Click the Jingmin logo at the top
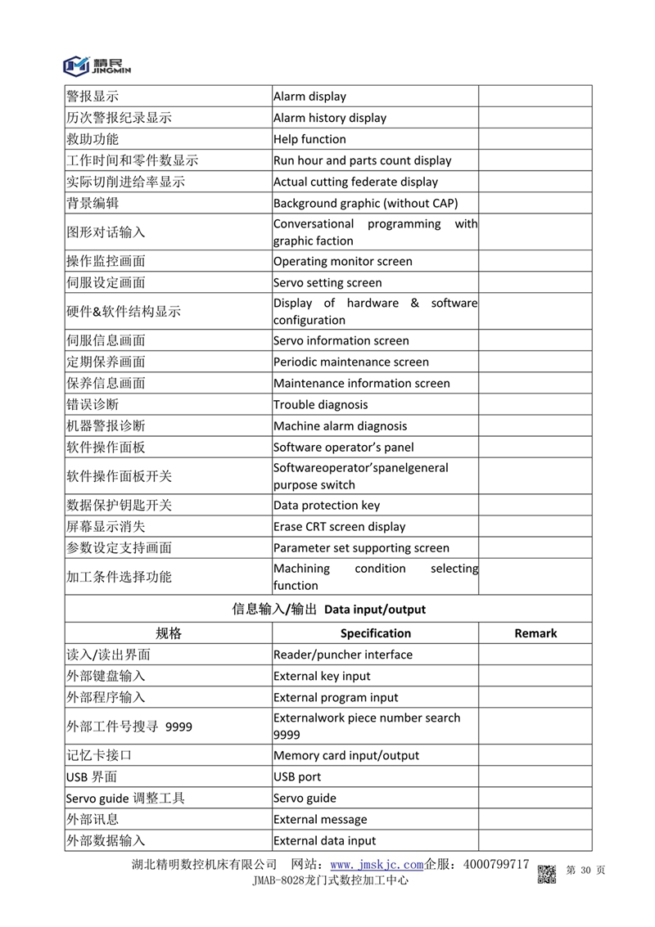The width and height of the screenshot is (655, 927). coord(97,65)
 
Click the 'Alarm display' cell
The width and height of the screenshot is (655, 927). coord(309,97)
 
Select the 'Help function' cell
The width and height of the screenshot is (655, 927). coord(309,139)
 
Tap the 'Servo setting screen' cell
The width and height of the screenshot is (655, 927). coord(327,283)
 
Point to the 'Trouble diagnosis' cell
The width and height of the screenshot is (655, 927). coord(321,405)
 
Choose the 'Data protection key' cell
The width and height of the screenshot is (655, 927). coord(327,506)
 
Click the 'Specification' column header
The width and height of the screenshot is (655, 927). coord(376,633)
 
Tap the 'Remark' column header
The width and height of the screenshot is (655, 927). coord(535,633)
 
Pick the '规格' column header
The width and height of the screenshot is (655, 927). coord(169,633)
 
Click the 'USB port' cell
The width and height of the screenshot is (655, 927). coord(297,777)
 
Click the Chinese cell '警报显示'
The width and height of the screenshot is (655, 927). coord(93,97)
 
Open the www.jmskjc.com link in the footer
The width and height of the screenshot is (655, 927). coord(377,865)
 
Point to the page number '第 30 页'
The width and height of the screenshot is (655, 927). coord(585,871)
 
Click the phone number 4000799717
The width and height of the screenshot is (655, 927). coord(496,865)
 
